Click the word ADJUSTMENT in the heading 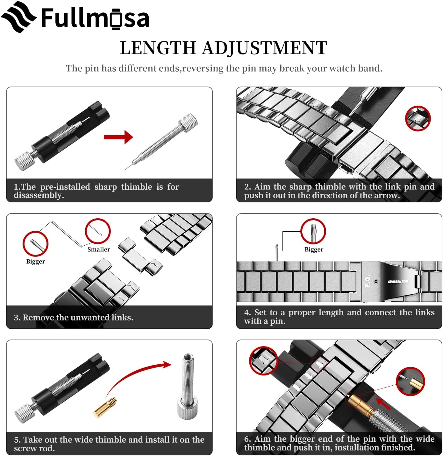tap(264, 48)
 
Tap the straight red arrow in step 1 tap(118, 137)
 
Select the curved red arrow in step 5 tap(137, 375)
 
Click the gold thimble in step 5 tap(105, 408)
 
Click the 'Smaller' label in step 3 tap(99, 249)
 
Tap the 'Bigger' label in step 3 tap(35, 262)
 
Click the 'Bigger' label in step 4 tap(314, 249)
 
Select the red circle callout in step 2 tap(418, 118)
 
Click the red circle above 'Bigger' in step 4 tap(313, 231)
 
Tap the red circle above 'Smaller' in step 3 tap(98, 231)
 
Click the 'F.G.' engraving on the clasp tap(368, 281)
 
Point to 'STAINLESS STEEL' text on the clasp tap(398, 282)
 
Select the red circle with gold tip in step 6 tap(411, 381)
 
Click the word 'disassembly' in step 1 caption tap(38, 195)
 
